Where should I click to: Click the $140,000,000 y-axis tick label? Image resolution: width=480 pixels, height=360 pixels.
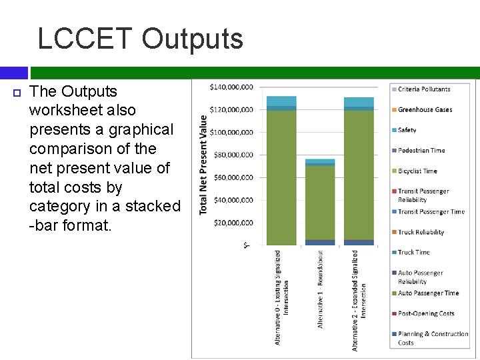(x=231, y=87)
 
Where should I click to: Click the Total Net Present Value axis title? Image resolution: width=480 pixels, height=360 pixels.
(x=203, y=165)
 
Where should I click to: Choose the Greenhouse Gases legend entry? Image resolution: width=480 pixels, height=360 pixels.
(x=424, y=109)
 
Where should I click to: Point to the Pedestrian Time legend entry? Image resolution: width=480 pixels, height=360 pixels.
(x=421, y=151)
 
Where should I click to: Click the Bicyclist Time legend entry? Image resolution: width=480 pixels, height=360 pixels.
(x=417, y=171)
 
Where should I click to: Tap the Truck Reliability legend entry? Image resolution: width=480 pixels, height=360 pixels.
(x=420, y=232)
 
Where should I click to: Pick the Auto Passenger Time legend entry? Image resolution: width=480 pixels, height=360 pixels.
(x=428, y=293)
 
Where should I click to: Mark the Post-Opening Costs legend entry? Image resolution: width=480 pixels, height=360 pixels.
(x=425, y=313)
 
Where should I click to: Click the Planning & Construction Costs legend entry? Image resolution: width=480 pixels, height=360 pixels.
(x=432, y=338)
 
